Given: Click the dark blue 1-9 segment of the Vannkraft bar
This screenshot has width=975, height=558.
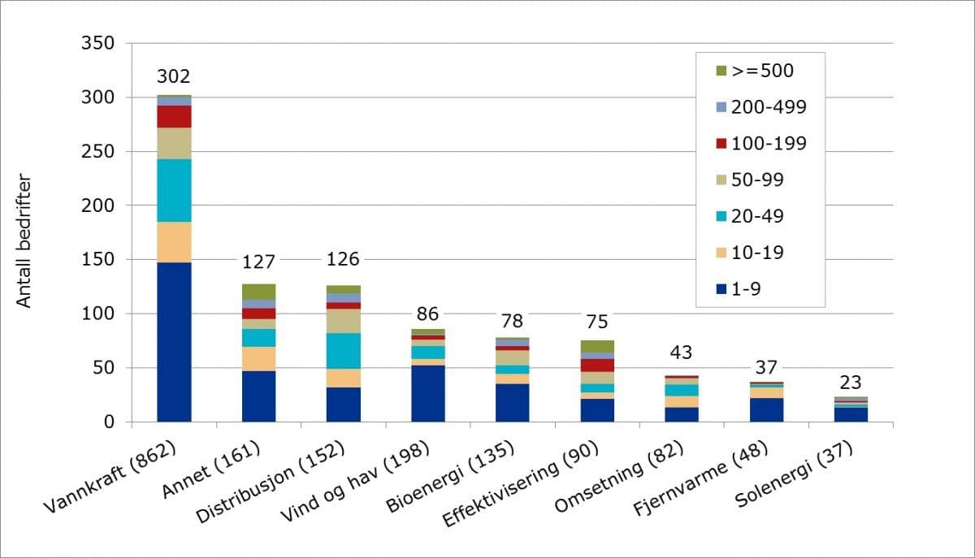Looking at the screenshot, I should point(174,341).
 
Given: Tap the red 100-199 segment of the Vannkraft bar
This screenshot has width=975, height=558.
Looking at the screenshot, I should point(174,116).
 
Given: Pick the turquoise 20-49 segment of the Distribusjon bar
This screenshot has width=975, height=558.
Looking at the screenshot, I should point(343,351).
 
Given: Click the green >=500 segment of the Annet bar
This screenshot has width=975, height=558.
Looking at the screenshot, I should point(258,292).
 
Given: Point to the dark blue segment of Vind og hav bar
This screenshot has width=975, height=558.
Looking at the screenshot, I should point(427,394).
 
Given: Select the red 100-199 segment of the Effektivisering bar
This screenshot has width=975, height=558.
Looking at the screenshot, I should point(597,366).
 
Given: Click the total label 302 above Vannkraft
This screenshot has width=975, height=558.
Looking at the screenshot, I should point(173,77).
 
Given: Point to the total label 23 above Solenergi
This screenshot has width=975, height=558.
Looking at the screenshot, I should point(851,382).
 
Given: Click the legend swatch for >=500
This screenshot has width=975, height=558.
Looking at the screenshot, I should point(721,71).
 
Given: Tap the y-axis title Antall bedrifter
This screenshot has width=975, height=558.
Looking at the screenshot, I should point(24,241).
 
